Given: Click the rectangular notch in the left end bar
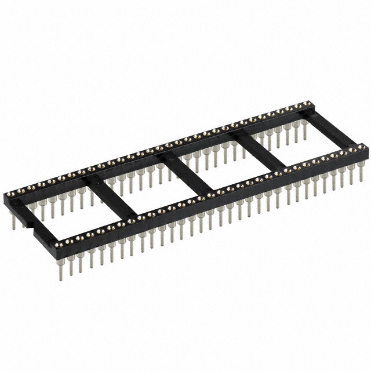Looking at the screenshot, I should (31, 225).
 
